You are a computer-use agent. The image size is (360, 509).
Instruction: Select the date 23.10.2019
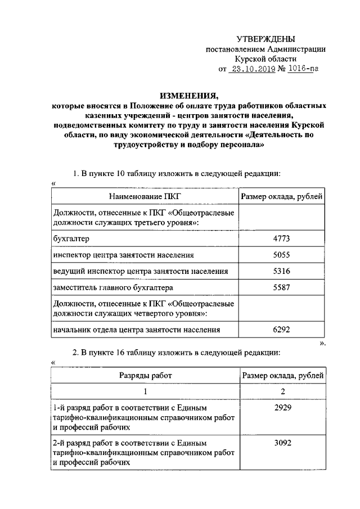click(250, 70)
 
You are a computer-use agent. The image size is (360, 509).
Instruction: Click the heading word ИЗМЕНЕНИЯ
click(188, 95)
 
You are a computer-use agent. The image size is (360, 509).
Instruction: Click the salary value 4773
click(281, 239)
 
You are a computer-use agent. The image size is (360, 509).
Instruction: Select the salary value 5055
click(281, 255)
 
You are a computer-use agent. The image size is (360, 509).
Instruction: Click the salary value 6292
click(281, 330)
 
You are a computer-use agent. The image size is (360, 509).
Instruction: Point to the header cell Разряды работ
click(145, 374)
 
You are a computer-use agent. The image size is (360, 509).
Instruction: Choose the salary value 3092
click(281, 443)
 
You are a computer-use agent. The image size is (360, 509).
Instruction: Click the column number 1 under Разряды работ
click(145, 391)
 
